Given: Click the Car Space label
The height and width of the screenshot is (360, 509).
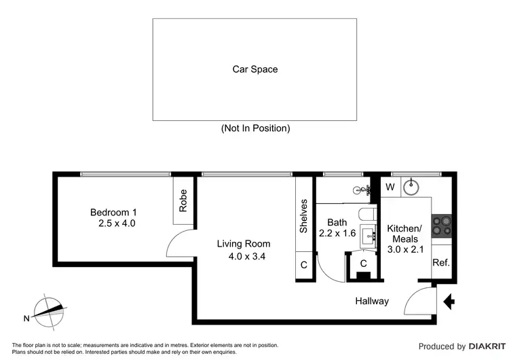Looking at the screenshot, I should [255, 69].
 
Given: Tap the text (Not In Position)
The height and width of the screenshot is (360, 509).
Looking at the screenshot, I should [255, 128].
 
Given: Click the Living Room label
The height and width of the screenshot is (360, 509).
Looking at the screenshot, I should [244, 244].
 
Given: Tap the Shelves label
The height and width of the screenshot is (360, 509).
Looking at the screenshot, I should [303, 217].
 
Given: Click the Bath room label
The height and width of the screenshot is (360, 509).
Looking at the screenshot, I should [337, 222].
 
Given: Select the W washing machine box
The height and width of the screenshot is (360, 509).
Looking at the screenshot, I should [390, 187].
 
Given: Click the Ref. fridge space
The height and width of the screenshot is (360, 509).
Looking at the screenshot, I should [441, 263].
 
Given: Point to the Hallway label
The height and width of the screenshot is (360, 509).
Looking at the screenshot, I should [371, 301].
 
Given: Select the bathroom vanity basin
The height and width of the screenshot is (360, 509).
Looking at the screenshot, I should [371, 237].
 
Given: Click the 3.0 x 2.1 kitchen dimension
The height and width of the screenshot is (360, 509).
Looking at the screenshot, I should [405, 249].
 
